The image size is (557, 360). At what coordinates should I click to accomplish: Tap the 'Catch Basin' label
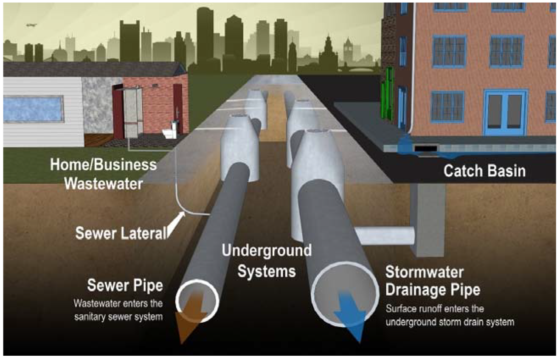484,171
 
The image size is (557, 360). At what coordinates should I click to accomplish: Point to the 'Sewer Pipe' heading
125,285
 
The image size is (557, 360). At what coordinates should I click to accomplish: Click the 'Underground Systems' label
266,260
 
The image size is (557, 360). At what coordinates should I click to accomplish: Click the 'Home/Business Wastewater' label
103,174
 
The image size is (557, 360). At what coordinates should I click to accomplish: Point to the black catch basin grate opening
427,148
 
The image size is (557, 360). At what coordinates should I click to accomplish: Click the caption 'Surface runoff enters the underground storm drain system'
450,315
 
